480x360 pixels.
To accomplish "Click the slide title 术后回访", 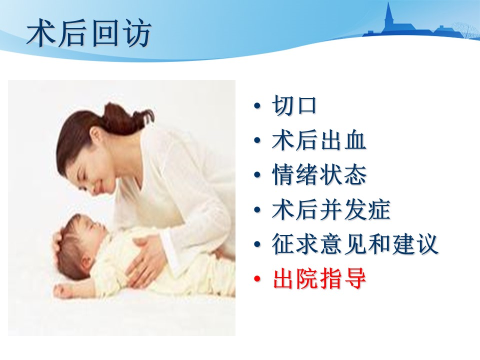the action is pyautogui.click(x=89, y=33).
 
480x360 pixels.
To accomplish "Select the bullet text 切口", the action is pyautogui.click(x=294, y=105).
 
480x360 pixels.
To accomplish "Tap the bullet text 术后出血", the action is pyautogui.click(x=319, y=140).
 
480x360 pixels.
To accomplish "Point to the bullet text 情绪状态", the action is pyautogui.click(x=319, y=175).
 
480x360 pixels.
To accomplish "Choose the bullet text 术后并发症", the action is pyautogui.click(x=331, y=209).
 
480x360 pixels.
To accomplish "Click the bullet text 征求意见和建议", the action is pyautogui.click(x=355, y=244).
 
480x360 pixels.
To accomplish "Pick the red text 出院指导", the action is pyautogui.click(x=319, y=279).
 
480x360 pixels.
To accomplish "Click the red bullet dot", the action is pyautogui.click(x=257, y=279).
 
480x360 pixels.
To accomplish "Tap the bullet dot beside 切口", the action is pyautogui.click(x=257, y=106).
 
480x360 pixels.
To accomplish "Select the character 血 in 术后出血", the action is pyautogui.click(x=355, y=140).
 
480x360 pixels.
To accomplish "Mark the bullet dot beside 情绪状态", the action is pyautogui.click(x=257, y=175).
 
